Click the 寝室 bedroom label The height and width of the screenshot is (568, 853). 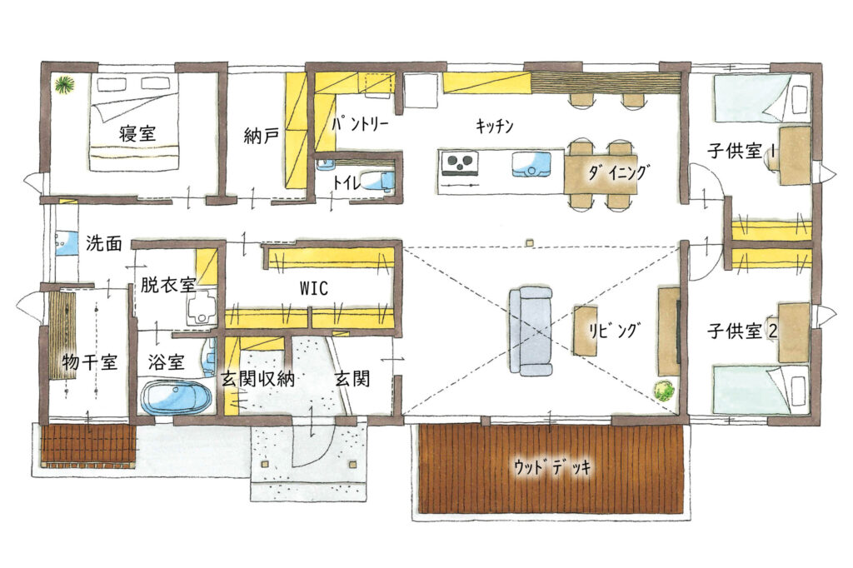coord(137,133)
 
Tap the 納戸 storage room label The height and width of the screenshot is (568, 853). coord(261,136)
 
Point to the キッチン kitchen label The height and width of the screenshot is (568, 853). coord(495,127)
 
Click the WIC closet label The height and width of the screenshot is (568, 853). coord(314,288)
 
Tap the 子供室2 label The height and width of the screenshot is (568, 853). coord(742,331)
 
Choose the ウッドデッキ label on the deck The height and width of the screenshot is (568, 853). coord(551,467)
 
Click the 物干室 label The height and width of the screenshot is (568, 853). coord(89,361)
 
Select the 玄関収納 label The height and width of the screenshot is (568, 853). coord(257,379)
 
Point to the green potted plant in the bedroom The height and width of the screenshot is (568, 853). coord(64,86)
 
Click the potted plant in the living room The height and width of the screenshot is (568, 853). coord(664,391)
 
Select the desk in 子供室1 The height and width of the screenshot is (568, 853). coord(795,156)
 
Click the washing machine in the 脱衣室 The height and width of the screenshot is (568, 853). coord(202,308)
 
